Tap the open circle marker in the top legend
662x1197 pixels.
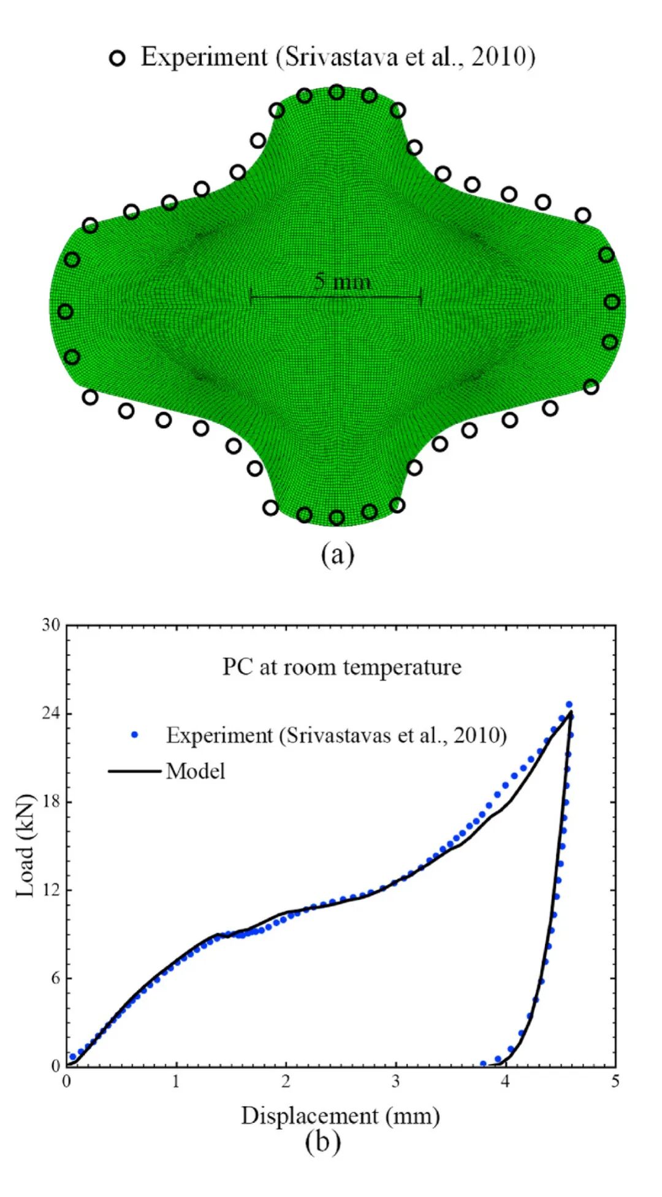[117, 58]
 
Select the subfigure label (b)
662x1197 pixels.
[322, 1142]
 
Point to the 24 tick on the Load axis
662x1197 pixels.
[51, 713]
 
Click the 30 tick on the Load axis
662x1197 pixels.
[51, 625]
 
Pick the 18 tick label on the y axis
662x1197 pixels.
[51, 801]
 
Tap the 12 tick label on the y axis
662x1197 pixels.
[51, 889]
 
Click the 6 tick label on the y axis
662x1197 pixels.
[56, 978]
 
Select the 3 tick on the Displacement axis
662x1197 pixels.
[395, 1082]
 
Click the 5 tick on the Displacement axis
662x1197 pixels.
[615, 1082]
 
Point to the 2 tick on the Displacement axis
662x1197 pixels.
[286, 1082]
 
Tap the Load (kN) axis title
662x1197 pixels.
[25, 845]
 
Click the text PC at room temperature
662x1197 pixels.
[341, 667]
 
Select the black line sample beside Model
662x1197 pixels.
[134, 771]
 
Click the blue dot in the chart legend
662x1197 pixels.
[135, 734]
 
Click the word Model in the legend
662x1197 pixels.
[196, 771]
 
